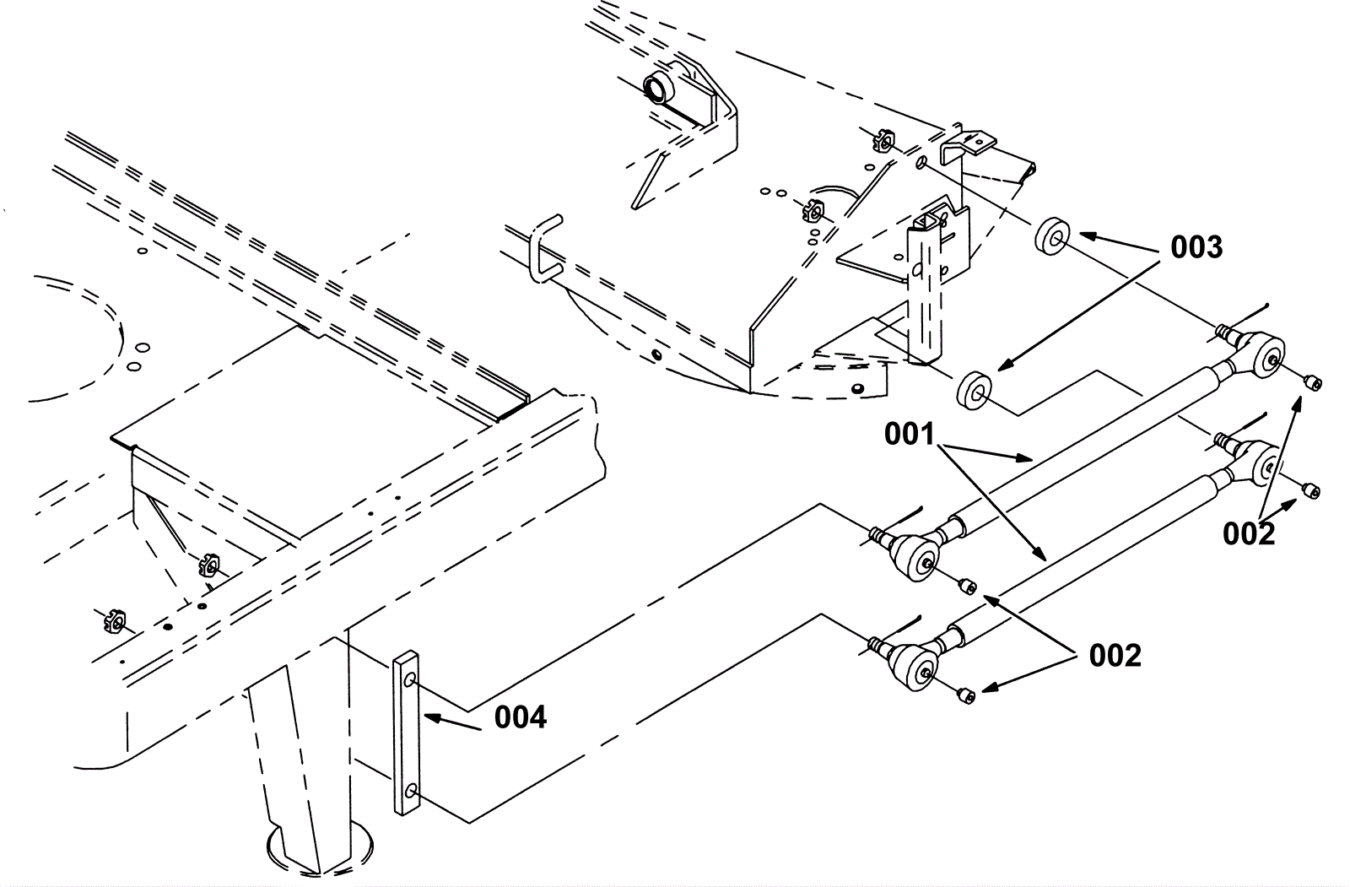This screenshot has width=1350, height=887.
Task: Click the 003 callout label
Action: pyautogui.click(x=1196, y=247)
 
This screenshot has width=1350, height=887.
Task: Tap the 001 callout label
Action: pyautogui.click(x=910, y=435)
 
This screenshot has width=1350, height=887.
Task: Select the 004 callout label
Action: pyautogui.click(x=521, y=717)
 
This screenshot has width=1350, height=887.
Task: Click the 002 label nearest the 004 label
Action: pyautogui.click(x=1115, y=655)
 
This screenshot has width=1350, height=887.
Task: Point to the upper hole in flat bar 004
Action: pyautogui.click(x=409, y=680)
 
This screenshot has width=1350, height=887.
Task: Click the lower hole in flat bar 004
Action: pyautogui.click(x=409, y=791)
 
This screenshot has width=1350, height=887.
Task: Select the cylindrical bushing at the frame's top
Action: pyautogui.click(x=657, y=87)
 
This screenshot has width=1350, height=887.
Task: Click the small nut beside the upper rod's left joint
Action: pyautogui.click(x=968, y=585)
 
